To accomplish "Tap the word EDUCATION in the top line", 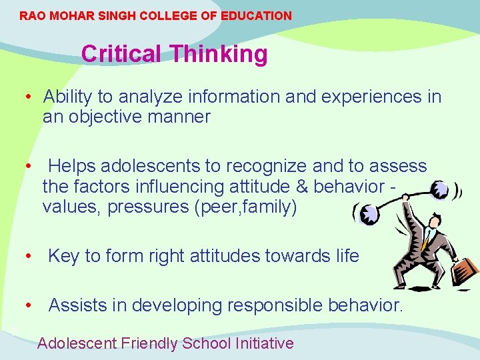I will click(x=258, y=15).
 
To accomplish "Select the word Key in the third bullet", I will click(x=63, y=256).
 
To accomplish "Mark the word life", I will click(x=345, y=256).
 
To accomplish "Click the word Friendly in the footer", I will click(x=150, y=343).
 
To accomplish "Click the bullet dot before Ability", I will click(x=29, y=97).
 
